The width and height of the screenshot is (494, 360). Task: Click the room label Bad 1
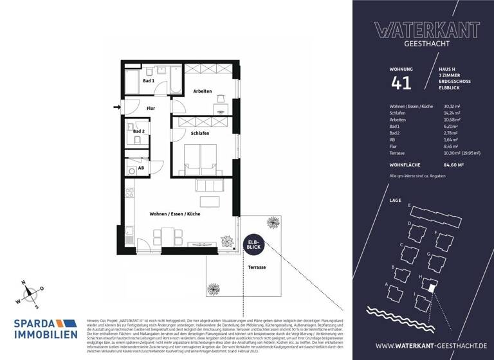148,82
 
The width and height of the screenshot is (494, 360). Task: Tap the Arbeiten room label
203,91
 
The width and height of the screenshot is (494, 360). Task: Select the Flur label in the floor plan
151,109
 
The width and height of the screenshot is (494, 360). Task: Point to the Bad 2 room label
149,131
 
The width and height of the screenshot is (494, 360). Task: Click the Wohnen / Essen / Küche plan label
175,213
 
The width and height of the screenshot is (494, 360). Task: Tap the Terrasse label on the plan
256,267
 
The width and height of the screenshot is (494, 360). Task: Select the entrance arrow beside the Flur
116,107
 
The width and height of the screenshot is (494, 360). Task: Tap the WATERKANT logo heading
426,30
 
